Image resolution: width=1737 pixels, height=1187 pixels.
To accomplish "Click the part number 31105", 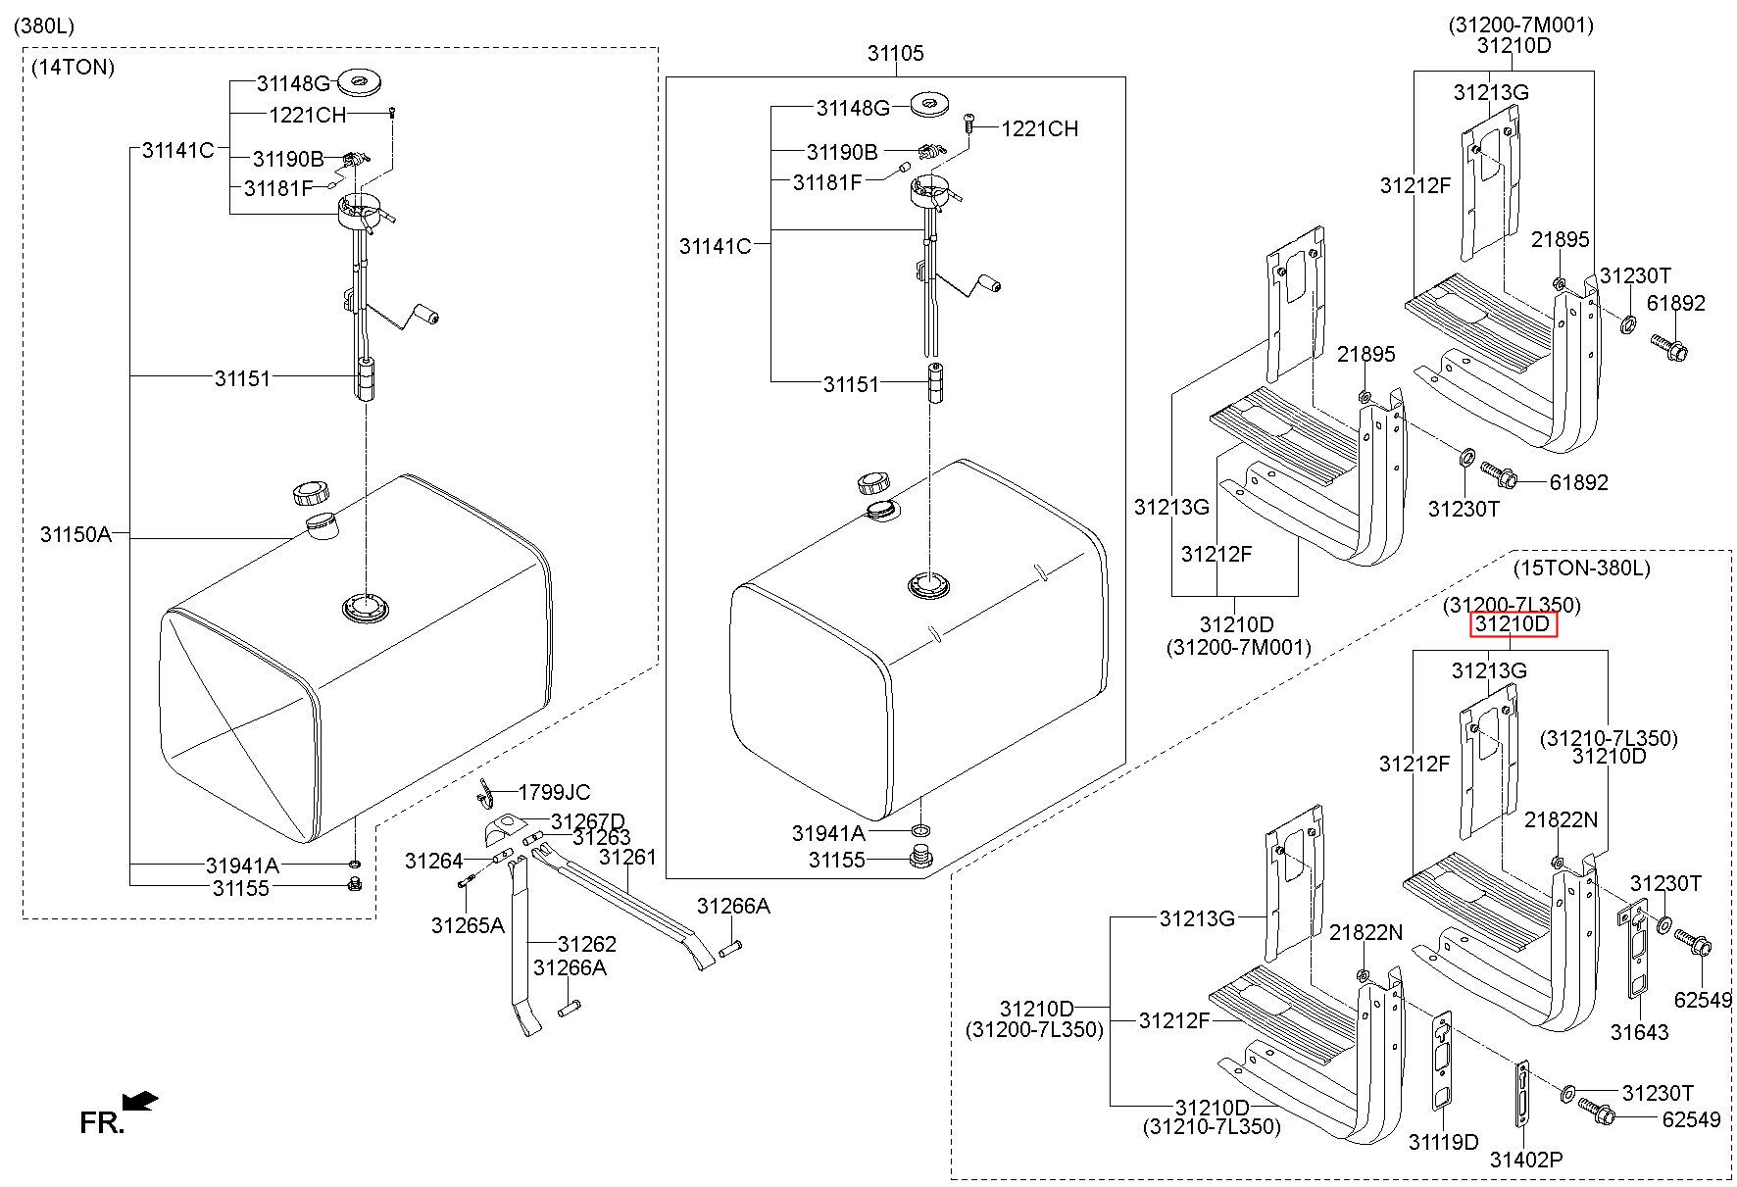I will tap(894, 54).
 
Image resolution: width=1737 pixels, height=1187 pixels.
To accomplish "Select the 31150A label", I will tap(75, 535).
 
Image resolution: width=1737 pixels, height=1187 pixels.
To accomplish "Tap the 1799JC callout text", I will tap(554, 792).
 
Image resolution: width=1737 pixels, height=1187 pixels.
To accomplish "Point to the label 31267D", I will tap(587, 821).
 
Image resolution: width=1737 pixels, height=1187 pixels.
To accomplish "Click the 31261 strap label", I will tap(626, 857).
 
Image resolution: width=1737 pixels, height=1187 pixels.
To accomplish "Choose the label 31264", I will tap(433, 862).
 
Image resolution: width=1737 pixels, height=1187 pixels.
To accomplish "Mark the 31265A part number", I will tap(468, 925).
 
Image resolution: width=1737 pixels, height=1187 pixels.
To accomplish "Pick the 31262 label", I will tap(586, 944).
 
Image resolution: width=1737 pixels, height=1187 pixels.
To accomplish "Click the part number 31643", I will tap(1639, 1032).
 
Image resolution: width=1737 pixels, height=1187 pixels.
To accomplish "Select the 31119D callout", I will tap(1443, 1142).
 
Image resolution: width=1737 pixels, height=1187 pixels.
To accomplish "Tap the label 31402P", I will tap(1525, 1161).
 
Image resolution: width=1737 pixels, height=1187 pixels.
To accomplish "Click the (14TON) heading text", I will tap(73, 68).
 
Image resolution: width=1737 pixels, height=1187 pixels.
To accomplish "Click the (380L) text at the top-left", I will tap(44, 25).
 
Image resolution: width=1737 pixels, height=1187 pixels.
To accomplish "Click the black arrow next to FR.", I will tap(141, 1102).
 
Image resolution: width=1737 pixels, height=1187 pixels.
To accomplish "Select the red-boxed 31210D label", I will tap(1513, 624).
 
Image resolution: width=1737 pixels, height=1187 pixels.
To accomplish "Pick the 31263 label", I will tap(601, 838).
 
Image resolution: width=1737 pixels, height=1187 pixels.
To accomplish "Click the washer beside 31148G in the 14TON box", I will tap(359, 80).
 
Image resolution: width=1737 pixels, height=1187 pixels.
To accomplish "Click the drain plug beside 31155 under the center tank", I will tap(920, 860).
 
